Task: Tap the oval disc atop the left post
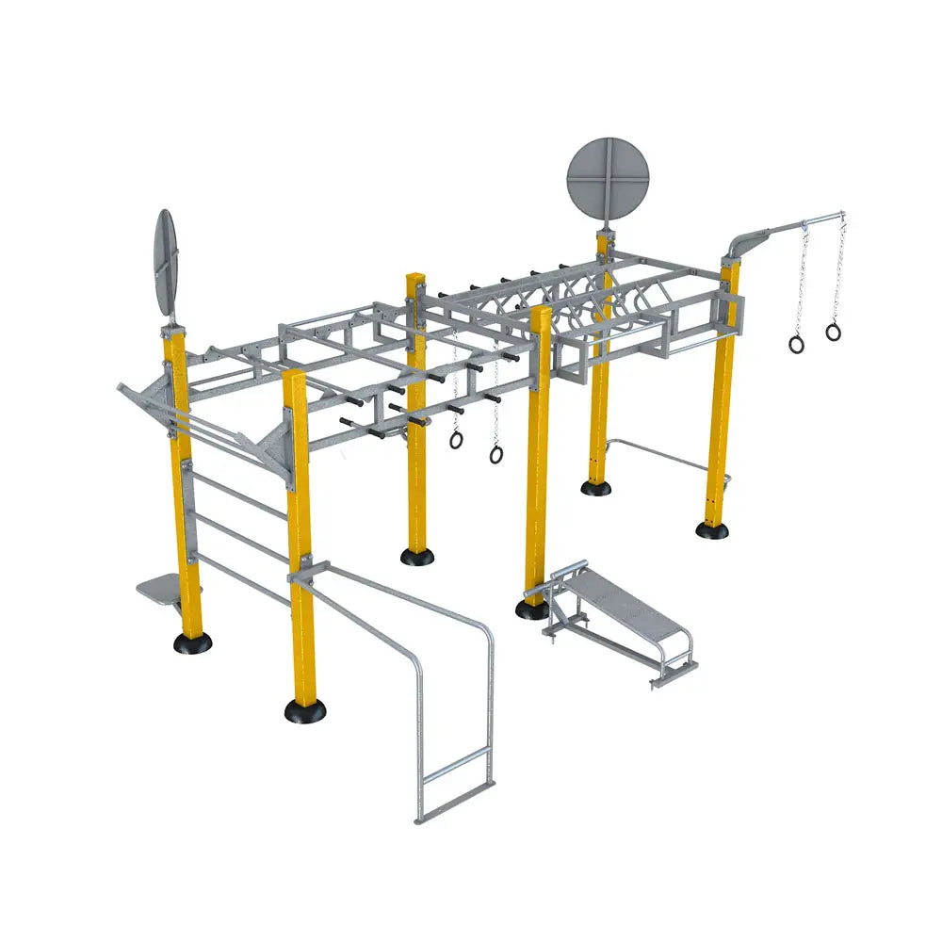pyautogui.click(x=166, y=263)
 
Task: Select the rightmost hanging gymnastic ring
pyautogui.click(x=833, y=332)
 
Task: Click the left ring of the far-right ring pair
pyautogui.click(x=797, y=344)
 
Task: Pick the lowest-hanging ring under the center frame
pyautogui.click(x=495, y=454)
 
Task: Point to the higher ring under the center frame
pyautogui.click(x=456, y=439)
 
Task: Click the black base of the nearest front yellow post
pyautogui.click(x=305, y=710)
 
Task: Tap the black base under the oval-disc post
pyautogui.click(x=192, y=642)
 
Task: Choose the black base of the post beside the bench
pyautogui.click(x=533, y=609)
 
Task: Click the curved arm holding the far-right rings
pyautogui.click(x=749, y=238)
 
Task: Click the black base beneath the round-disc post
pyautogui.click(x=595, y=487)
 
